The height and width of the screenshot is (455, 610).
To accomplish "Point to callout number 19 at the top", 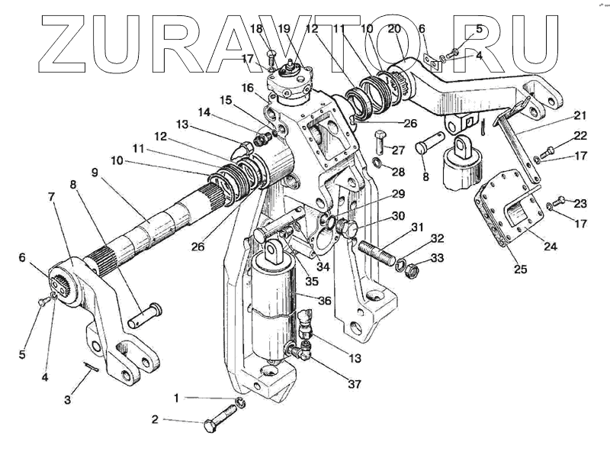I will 284,29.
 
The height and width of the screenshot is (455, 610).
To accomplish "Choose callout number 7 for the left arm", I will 52,197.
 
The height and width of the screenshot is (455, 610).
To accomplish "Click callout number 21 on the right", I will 581,115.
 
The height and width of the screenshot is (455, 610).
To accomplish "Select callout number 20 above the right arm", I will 393,29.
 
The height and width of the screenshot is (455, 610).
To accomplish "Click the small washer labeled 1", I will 239,402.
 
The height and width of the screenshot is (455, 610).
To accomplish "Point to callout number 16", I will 247,89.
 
